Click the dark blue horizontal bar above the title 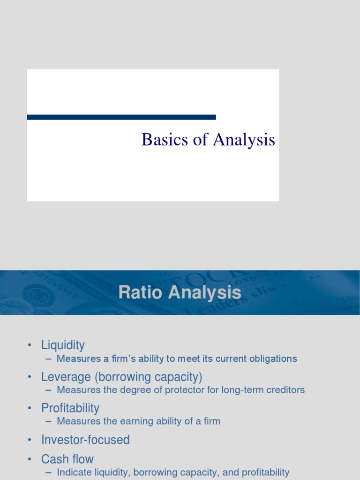[121, 117]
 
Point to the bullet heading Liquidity [63, 345]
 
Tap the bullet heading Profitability [70, 408]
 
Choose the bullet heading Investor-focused [85, 440]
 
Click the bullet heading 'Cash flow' [67, 459]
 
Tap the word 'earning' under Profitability [128, 421]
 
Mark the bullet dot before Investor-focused [29, 440]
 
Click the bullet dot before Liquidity [29, 346]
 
